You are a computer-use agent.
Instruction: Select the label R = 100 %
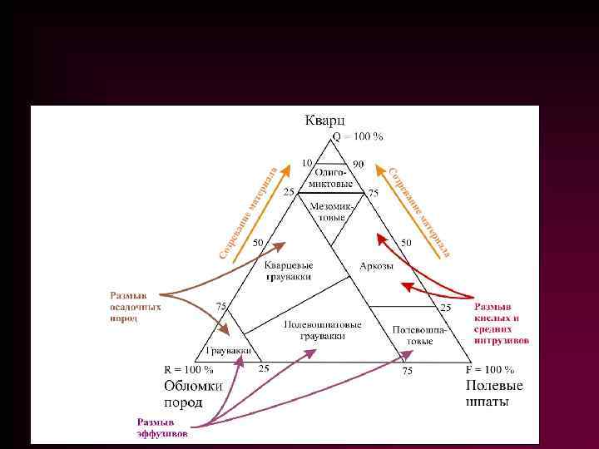coord(187,369)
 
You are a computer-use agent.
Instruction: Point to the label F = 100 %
coord(490,369)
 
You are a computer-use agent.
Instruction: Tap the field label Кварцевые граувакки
coord(288,270)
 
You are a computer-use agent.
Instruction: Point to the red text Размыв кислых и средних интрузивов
coord(502,323)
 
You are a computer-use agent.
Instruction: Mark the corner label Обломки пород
coord(193,393)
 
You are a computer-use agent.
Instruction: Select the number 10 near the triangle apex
coord(306,163)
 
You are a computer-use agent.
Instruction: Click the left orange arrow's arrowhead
coord(287,170)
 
